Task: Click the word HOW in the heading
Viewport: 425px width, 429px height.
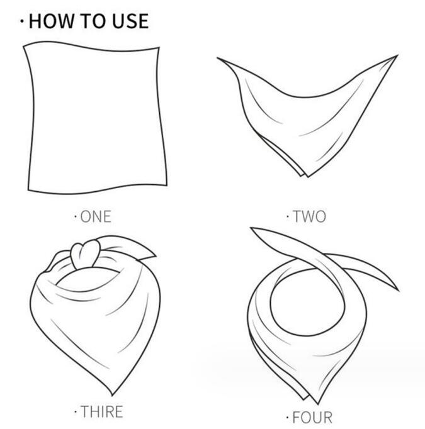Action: [52, 21]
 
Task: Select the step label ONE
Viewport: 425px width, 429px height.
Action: [96, 216]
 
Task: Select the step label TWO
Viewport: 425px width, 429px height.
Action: [309, 216]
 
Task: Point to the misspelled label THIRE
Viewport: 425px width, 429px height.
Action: [102, 412]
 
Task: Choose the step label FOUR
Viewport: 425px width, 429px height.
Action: [312, 418]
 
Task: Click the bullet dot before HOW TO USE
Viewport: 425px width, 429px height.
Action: [22, 21]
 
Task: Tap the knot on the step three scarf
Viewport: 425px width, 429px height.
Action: [85, 253]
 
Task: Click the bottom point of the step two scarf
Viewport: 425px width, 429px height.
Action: [308, 177]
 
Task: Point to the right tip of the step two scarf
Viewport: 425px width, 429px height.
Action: [397, 55]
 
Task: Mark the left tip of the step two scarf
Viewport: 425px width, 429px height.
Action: [217, 58]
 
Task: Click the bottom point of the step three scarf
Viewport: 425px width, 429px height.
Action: [112, 395]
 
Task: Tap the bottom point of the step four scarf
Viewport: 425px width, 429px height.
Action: [318, 404]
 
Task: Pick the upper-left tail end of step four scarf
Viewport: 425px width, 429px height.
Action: [251, 228]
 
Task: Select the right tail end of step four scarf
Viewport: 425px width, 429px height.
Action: [399, 290]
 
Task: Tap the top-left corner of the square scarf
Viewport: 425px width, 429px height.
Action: [24, 47]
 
